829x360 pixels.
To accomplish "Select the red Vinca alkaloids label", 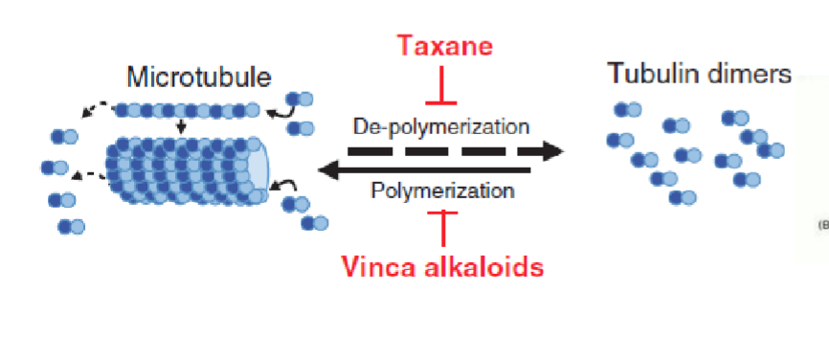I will pos(443,267).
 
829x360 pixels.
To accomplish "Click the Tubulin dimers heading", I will pos(699,74).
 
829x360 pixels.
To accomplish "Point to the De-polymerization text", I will pos(441,126).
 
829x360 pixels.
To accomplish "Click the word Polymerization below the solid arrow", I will pos(442,191).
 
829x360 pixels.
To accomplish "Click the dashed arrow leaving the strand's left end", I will pos(95,111).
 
